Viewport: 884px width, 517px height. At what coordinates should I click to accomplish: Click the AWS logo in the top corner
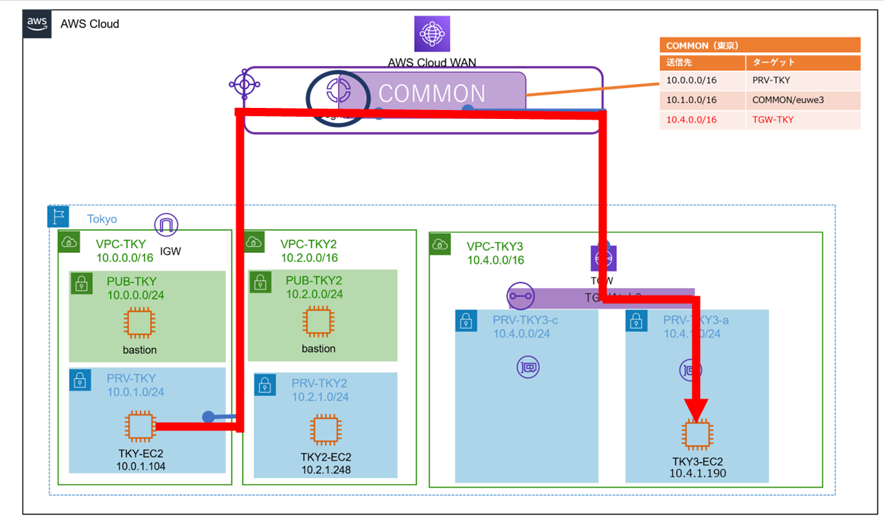pyautogui.click(x=37, y=23)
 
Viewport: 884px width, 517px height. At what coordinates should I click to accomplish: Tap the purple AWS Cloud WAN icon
pyautogui.click(x=432, y=34)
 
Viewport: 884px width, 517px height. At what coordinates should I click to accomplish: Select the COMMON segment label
pyautogui.click(x=432, y=93)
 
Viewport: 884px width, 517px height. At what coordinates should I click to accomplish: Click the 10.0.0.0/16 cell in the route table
pyautogui.click(x=691, y=80)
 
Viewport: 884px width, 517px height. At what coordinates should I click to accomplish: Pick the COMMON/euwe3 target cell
pyautogui.click(x=787, y=100)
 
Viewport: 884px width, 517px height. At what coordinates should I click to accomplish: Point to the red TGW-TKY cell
pyautogui.click(x=773, y=120)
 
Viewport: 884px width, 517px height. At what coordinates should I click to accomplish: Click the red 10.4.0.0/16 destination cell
pyautogui.click(x=691, y=120)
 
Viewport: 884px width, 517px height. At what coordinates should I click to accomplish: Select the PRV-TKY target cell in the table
pyautogui.click(x=772, y=80)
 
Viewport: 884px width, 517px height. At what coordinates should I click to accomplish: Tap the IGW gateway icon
pyautogui.click(x=166, y=225)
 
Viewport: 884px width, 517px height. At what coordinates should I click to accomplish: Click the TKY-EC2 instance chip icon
pyautogui.click(x=140, y=426)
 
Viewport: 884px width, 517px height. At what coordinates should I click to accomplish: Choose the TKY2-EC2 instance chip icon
pyautogui.click(x=326, y=430)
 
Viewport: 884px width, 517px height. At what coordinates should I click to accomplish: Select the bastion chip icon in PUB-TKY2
pyautogui.click(x=319, y=321)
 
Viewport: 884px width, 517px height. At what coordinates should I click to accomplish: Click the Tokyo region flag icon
pyautogui.click(x=58, y=217)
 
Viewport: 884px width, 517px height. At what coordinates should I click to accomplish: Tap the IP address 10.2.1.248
pyautogui.click(x=326, y=470)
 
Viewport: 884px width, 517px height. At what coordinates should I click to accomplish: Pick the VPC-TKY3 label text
pyautogui.click(x=495, y=246)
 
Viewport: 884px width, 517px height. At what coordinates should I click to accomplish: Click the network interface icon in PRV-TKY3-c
pyautogui.click(x=528, y=367)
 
